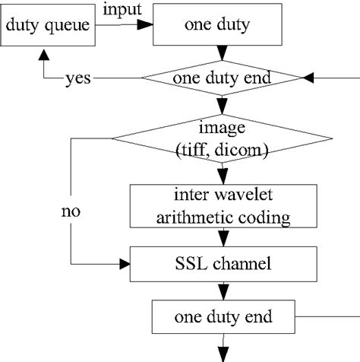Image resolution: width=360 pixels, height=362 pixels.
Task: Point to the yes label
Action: pos(80,78)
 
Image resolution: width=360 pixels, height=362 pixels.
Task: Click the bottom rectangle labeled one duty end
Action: pos(222,315)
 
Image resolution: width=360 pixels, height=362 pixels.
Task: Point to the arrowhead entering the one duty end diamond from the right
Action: pos(308,78)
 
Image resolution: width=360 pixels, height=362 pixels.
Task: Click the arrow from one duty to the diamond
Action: pos(222,53)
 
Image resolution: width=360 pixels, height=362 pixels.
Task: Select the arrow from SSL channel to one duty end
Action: pos(222,290)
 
